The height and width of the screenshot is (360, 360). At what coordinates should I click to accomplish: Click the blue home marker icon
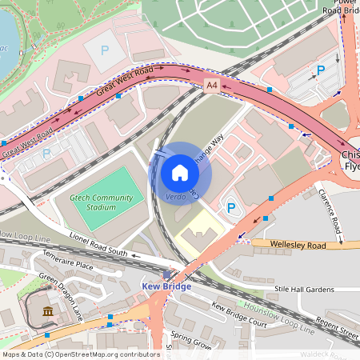180,172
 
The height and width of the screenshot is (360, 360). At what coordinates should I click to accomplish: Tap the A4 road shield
210,84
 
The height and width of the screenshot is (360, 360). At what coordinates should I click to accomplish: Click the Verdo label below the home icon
176,197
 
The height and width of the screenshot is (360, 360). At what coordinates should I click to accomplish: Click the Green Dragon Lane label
61,293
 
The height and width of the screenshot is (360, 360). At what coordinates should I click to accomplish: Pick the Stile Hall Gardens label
304,289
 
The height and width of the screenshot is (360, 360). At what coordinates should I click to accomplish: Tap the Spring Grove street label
190,342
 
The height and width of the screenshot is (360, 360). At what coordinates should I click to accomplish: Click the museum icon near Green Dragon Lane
46,310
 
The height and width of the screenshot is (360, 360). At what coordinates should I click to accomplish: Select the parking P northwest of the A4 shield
104,50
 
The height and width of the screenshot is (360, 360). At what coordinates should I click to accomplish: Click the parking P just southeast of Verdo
231,208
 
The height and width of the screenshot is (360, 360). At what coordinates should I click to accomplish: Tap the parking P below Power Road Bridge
320,70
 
